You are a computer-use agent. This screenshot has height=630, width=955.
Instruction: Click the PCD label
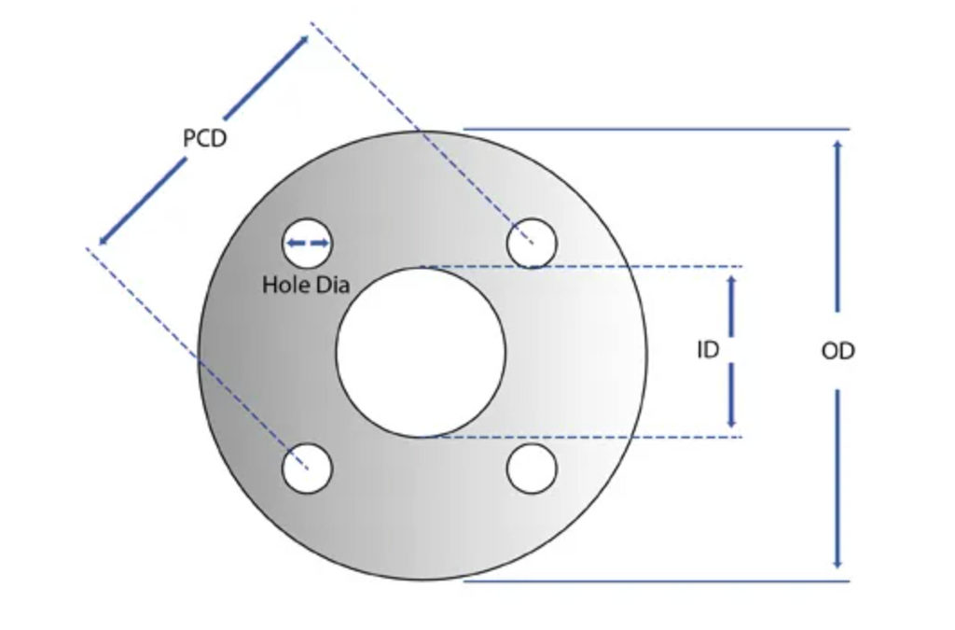(204, 138)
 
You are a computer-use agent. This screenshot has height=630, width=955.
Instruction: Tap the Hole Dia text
(306, 285)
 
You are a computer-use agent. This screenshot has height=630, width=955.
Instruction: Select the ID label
(708, 350)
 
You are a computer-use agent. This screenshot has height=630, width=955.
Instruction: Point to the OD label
(838, 351)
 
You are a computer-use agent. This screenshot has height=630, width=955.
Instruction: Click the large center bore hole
(421, 352)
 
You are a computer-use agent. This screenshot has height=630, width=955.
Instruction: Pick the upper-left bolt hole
(307, 243)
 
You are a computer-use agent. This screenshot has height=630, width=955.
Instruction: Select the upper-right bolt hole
(532, 243)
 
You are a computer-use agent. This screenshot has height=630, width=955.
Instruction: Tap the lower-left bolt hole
(307, 468)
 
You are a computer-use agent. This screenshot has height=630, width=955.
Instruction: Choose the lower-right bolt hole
(532, 468)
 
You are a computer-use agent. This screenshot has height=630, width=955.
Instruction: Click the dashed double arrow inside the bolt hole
(308, 243)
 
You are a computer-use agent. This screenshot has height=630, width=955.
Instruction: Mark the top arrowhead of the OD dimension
(838, 144)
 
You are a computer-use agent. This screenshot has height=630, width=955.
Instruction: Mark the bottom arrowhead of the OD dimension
(838, 564)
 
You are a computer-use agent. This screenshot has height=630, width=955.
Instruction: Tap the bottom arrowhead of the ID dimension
(731, 422)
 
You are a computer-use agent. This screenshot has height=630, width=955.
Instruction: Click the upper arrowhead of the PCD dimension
(303, 41)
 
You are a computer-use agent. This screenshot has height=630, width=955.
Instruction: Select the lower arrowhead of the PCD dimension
(104, 240)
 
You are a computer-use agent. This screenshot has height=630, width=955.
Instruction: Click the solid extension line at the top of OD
(657, 129)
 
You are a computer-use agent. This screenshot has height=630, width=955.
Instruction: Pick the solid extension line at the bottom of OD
(657, 581)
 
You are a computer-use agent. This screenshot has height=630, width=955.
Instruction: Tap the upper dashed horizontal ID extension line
(582, 266)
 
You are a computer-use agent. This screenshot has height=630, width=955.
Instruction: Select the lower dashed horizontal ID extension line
(582, 437)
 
